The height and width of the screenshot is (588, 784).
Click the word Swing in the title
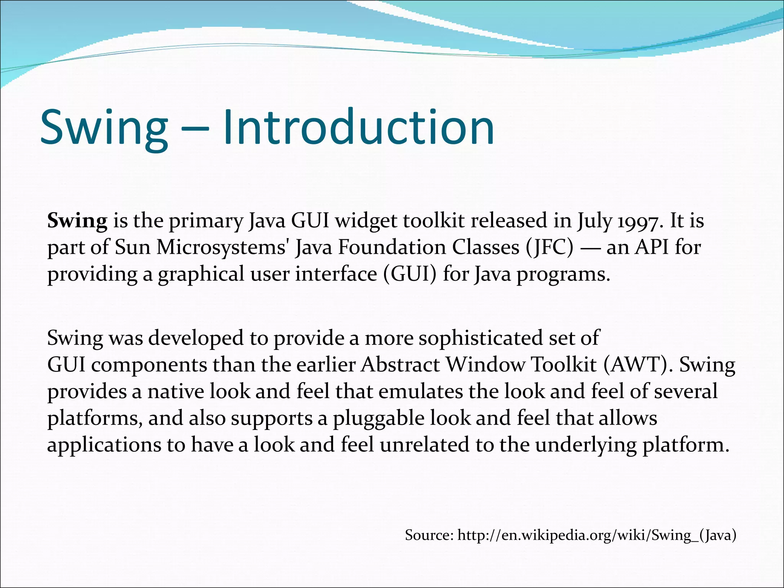click(x=104, y=128)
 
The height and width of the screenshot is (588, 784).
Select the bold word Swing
click(x=77, y=222)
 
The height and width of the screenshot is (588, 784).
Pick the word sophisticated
click(x=481, y=338)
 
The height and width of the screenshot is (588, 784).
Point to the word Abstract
click(x=400, y=365)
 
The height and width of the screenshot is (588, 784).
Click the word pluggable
click(x=379, y=418)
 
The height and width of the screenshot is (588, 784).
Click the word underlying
click(x=586, y=446)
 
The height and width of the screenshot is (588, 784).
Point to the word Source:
click(x=429, y=535)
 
